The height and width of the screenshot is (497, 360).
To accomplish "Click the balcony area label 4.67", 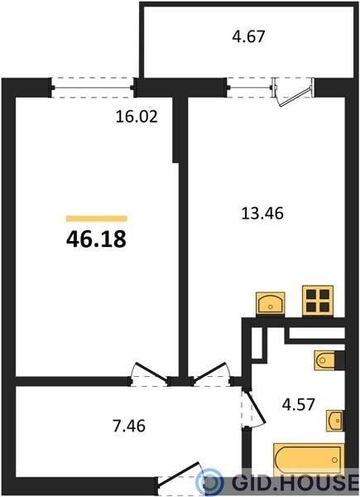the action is (248, 36).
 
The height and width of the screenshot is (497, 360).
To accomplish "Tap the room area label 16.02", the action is (137, 117).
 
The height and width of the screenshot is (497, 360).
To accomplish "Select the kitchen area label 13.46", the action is (262, 213).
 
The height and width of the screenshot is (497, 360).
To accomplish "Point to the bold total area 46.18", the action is (96, 239).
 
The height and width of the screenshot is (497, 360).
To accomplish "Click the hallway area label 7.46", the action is (129, 426).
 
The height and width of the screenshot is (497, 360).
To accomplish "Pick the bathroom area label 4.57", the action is (299, 404).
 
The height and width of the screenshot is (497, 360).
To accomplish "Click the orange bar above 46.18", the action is (97, 219).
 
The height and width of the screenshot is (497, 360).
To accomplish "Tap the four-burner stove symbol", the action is (318, 301).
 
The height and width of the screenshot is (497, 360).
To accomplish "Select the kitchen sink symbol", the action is (271, 304).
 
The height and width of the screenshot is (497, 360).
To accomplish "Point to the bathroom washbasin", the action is (335, 421).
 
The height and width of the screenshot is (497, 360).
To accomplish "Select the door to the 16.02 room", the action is (149, 374).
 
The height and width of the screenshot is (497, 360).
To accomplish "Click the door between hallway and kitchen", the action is (211, 374).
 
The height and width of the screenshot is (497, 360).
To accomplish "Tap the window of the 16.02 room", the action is (93, 88).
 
